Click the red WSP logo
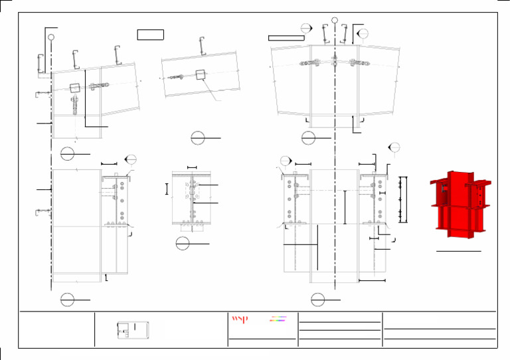pos(239,319)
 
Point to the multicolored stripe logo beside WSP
pos(278,319)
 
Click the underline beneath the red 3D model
pos(458,252)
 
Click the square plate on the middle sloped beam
pos(198,75)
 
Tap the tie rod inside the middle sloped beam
pos(179,77)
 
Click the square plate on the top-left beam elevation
pos(74,86)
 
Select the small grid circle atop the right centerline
pos(335,21)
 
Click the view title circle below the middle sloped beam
pos(198,138)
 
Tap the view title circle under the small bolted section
pos(183,244)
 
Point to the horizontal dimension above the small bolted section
pos(193,167)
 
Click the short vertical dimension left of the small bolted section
pos(167,189)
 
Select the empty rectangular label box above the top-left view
pos(149,35)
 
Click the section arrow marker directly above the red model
pos(393,147)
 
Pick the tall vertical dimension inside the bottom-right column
pos(345,207)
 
